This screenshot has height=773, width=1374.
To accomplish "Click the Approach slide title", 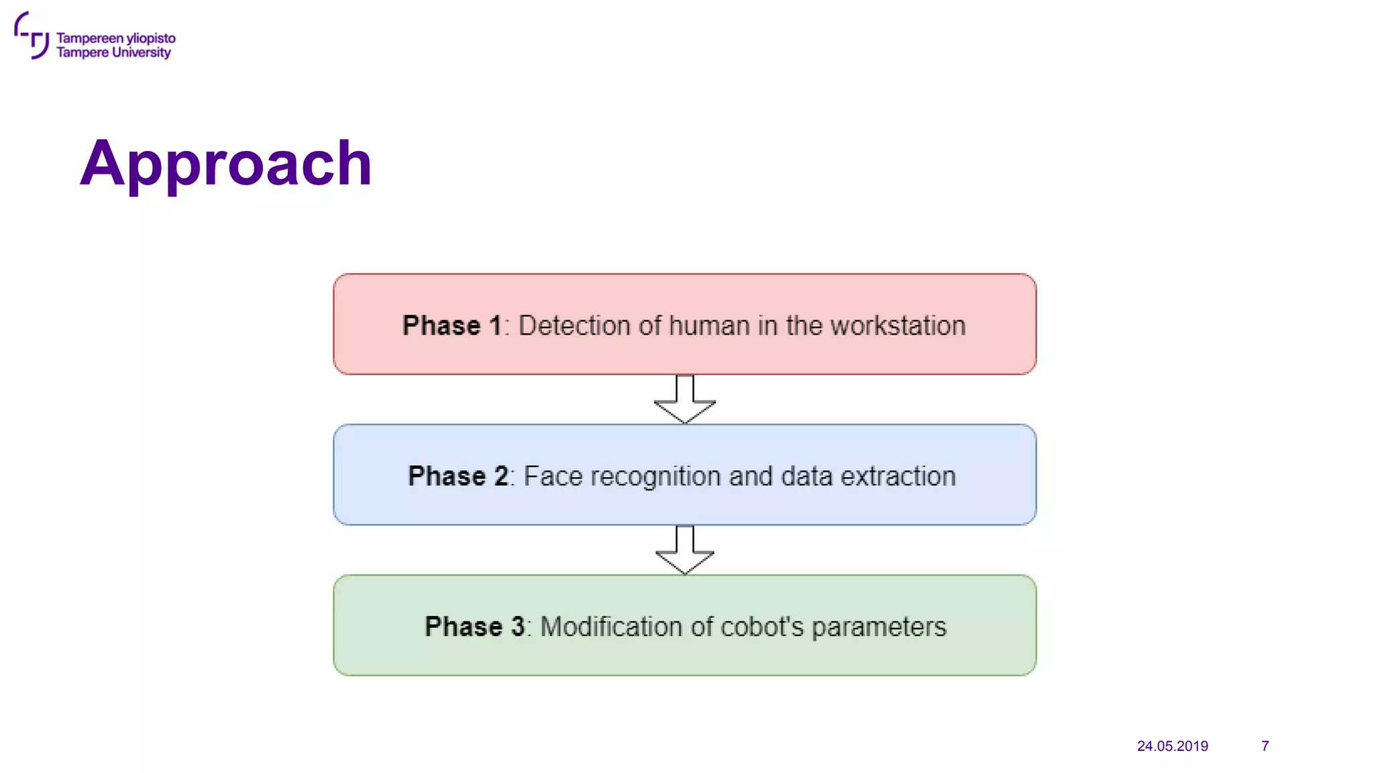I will (x=226, y=163).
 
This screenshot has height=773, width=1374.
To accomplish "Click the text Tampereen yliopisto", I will (x=115, y=38).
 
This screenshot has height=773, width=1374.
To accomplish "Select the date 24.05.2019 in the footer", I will (x=1172, y=746).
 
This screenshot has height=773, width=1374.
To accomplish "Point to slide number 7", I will (x=1265, y=746).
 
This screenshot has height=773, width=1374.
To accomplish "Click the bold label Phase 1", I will (x=452, y=325).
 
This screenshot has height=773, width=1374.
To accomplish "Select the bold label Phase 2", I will (x=458, y=476).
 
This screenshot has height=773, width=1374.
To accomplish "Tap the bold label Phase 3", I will (x=474, y=626).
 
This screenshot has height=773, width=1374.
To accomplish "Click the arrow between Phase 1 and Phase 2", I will (x=684, y=399).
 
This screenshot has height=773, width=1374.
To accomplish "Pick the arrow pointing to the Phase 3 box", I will (x=684, y=550).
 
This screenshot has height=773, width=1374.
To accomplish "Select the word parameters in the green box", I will (x=879, y=627).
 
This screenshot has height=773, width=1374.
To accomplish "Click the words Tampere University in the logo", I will (x=113, y=53).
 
